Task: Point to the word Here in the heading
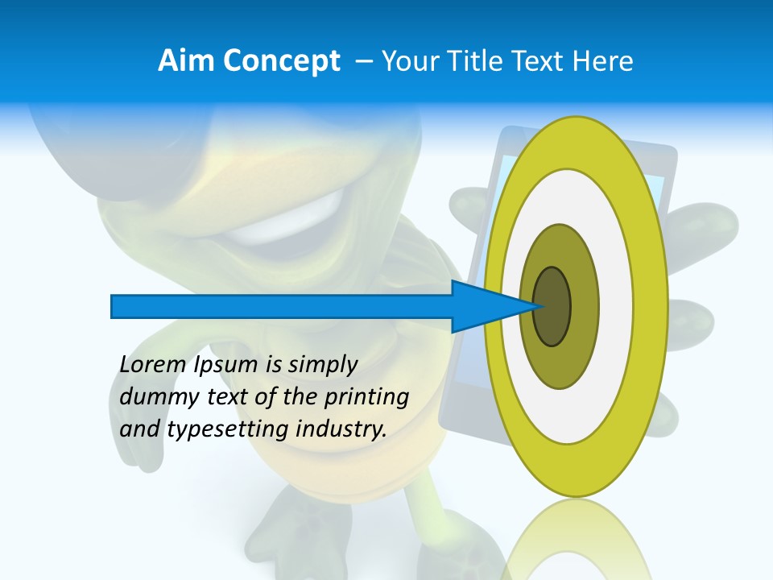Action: pos(605,60)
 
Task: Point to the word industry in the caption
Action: pos(341,429)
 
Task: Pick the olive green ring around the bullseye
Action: pos(584,306)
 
